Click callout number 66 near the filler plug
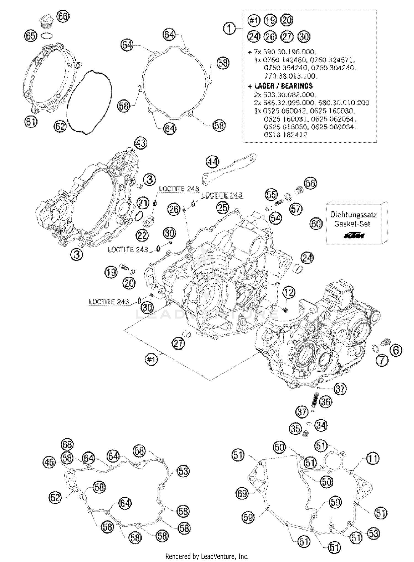coord(63,16)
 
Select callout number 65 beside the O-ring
coord(30,36)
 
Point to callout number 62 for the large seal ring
coord(60,126)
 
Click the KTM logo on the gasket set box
coord(354,236)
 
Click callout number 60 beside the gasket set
coord(316,223)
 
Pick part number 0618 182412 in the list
coord(285,135)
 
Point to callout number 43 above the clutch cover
coord(141,143)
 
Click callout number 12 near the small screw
coord(289,292)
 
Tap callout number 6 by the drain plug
coord(396,350)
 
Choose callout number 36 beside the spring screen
coord(326,402)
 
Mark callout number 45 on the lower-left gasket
coord(49,462)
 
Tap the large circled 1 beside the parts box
coord(230,29)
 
